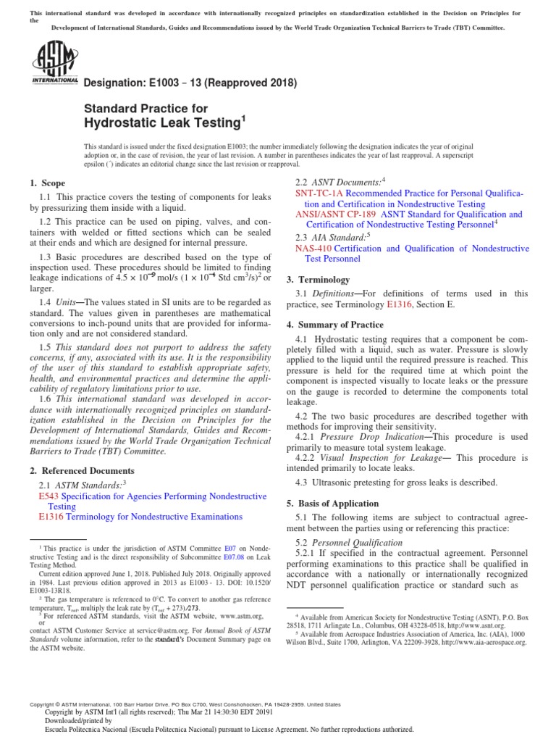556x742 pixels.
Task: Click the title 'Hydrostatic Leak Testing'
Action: tap(164, 122)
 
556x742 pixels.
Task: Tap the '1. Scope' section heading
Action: tap(48, 183)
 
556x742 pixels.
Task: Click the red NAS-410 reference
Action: tap(313, 249)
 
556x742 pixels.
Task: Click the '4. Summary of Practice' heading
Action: tap(337, 325)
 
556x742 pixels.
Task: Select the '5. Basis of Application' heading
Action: tap(337, 503)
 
